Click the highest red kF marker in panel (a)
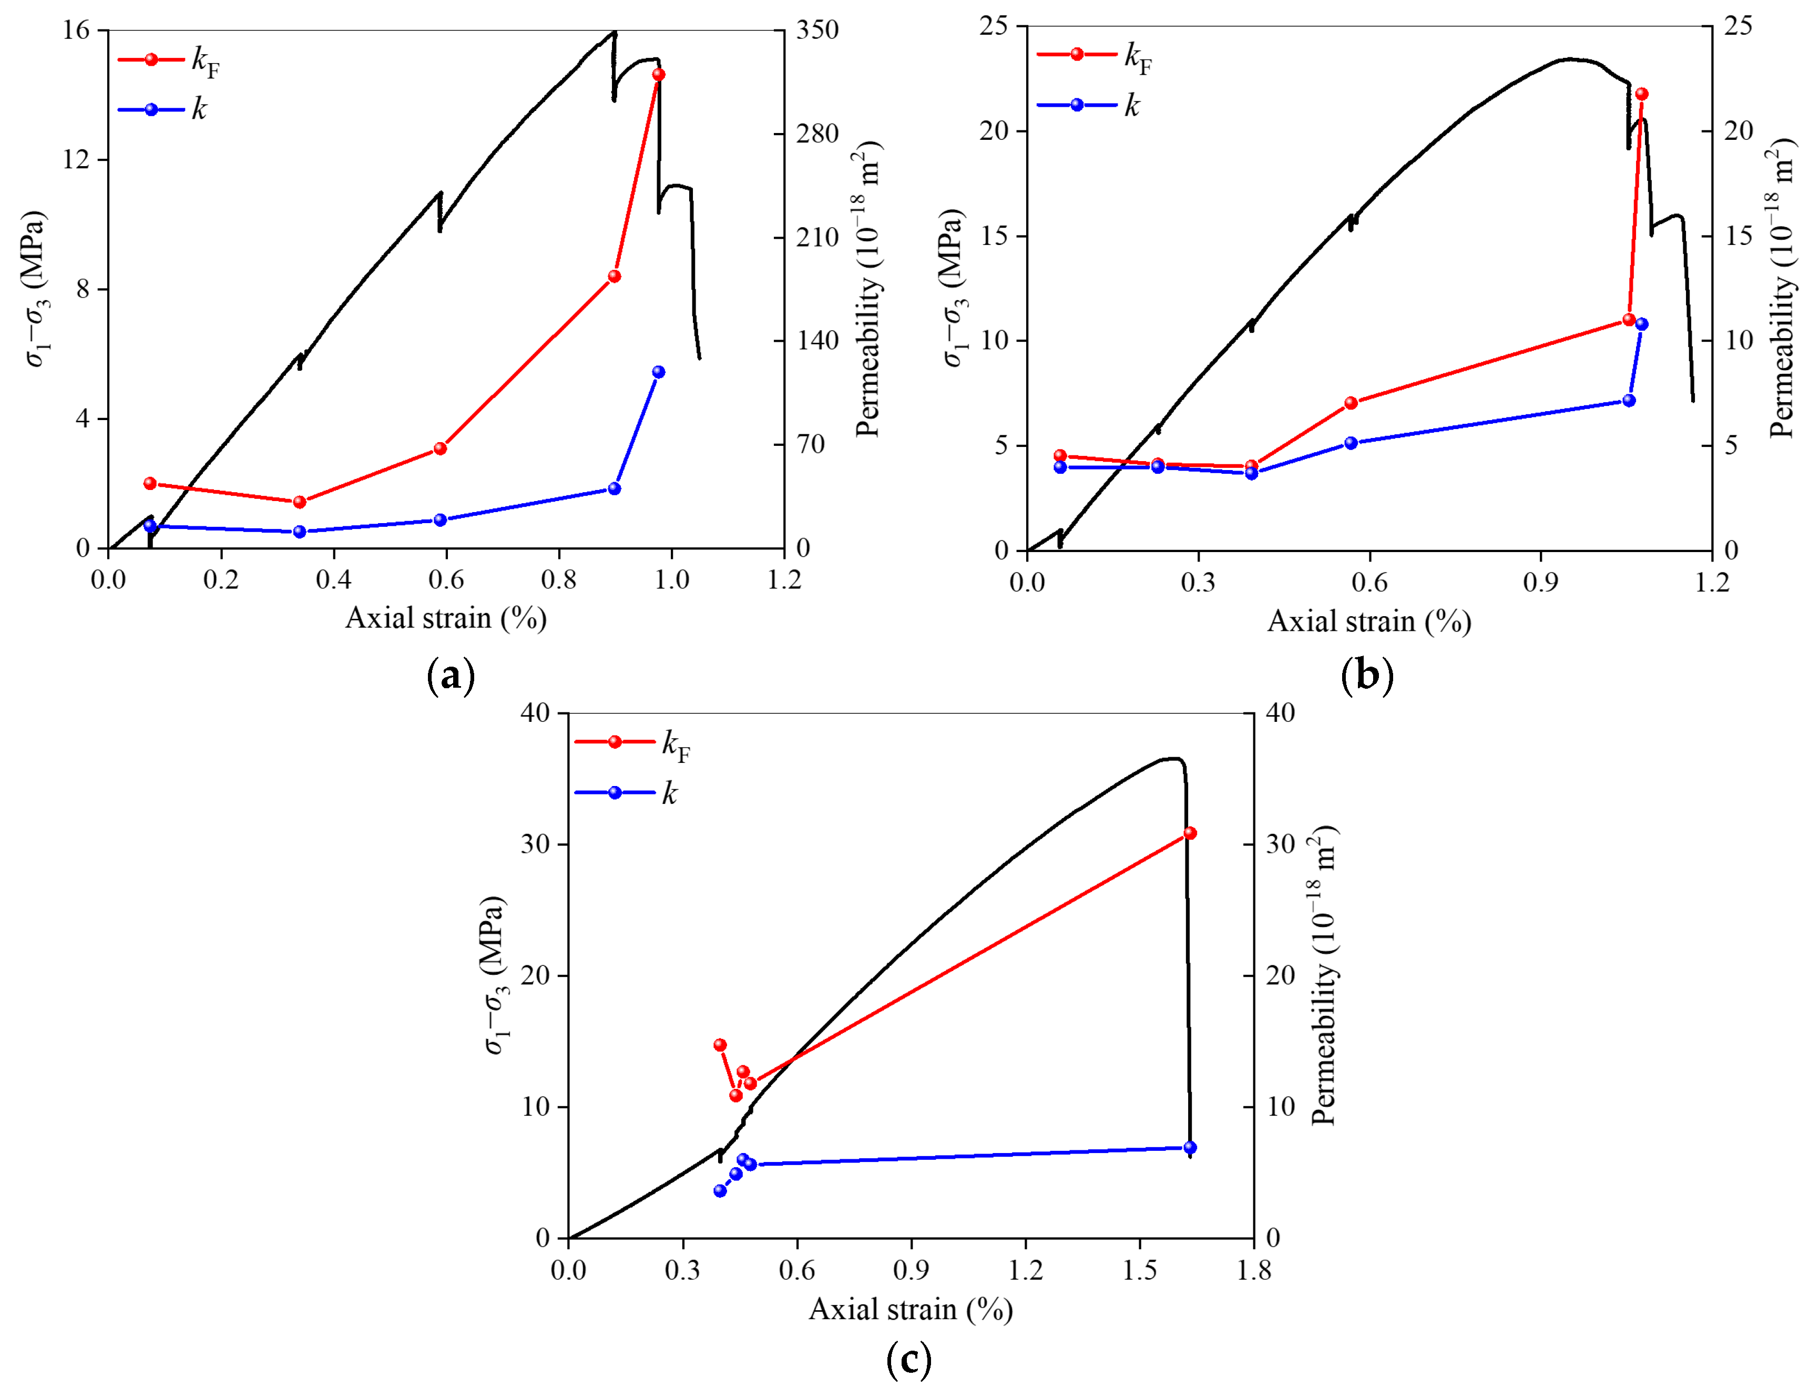tap(658, 75)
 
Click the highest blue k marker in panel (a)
tap(658, 372)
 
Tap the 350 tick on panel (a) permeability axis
tap(816, 30)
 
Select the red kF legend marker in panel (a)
tap(151, 60)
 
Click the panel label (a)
tap(450, 675)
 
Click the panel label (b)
tap(1366, 675)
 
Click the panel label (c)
tap(909, 1359)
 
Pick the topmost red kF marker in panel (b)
tap(1641, 95)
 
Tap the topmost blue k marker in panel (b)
tap(1641, 324)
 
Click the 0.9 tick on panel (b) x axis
tap(1540, 581)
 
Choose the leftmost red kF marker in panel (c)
tap(720, 1045)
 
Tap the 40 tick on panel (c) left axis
tap(535, 713)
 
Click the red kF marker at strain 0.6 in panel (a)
tap(440, 448)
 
